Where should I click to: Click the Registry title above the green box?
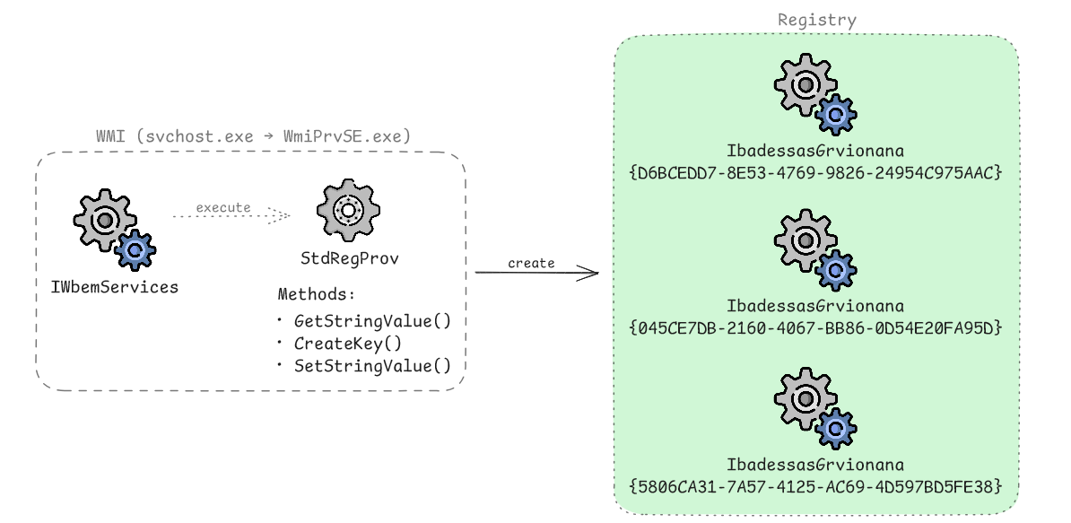(x=816, y=20)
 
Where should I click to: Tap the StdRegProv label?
(x=349, y=259)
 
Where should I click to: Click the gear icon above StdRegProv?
(x=348, y=210)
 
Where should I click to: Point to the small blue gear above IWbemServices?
(x=135, y=250)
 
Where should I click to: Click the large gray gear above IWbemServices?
(x=104, y=219)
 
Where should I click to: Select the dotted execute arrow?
(x=231, y=215)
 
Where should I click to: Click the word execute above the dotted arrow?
(x=223, y=207)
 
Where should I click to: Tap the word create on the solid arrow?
(x=531, y=263)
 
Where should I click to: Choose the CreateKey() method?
(x=348, y=343)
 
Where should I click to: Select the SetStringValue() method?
(x=372, y=365)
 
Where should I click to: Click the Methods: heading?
(x=317, y=295)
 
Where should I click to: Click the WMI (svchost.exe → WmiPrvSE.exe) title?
(x=253, y=137)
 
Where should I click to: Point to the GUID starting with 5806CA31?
(x=815, y=486)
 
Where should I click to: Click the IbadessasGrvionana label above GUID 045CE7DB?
(x=815, y=307)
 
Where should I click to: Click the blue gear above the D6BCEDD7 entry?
(x=836, y=114)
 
